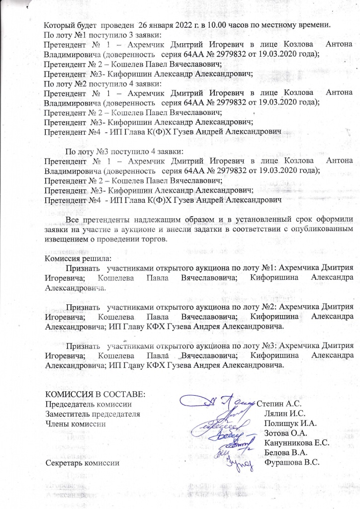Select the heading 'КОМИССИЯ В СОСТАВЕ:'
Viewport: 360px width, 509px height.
click(x=95, y=395)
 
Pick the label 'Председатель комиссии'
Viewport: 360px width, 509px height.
click(x=89, y=404)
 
